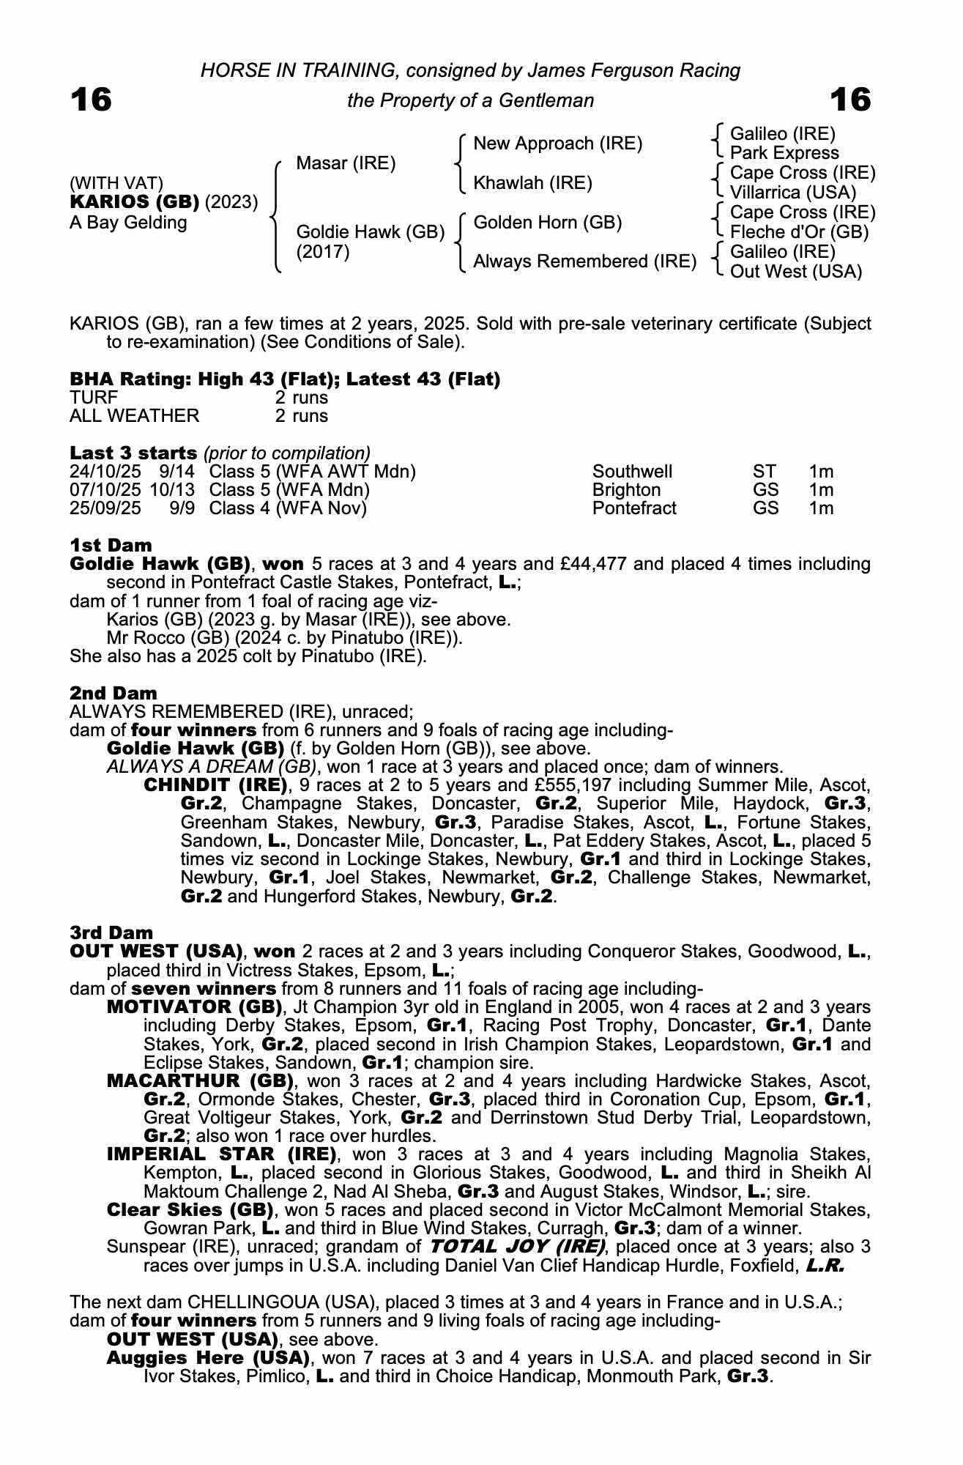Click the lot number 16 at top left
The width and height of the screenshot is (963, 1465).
coord(91,100)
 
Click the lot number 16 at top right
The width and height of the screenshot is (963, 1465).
coord(850,100)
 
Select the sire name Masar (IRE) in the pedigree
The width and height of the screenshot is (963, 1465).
coord(346,163)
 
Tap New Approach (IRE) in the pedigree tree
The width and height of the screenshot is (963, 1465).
coord(557,144)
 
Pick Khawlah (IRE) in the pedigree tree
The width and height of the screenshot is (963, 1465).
coord(532,182)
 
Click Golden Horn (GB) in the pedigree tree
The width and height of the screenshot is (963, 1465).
coord(548,222)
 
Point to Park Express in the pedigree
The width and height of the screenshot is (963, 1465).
coord(784,153)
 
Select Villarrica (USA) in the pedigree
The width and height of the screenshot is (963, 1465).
coord(793,193)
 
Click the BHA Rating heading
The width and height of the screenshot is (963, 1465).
coord(285,379)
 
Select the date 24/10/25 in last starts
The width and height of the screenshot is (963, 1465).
coord(105,472)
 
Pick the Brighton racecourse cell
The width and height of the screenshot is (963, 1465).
coord(626,490)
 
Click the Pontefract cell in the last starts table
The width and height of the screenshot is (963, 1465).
coord(634,508)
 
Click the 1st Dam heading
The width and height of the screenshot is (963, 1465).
coord(111,545)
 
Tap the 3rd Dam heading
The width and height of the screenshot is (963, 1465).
coord(111,932)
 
